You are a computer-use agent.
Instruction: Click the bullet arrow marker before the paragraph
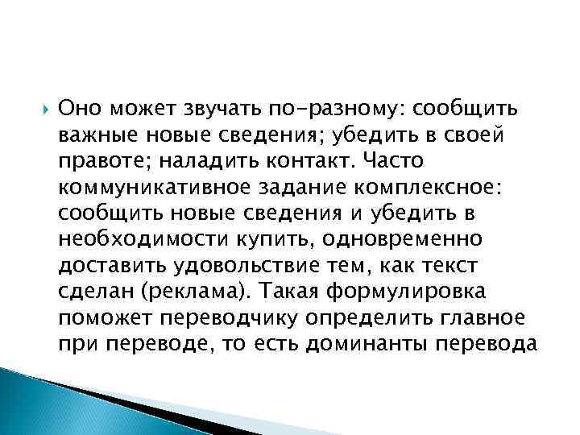click(x=46, y=107)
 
